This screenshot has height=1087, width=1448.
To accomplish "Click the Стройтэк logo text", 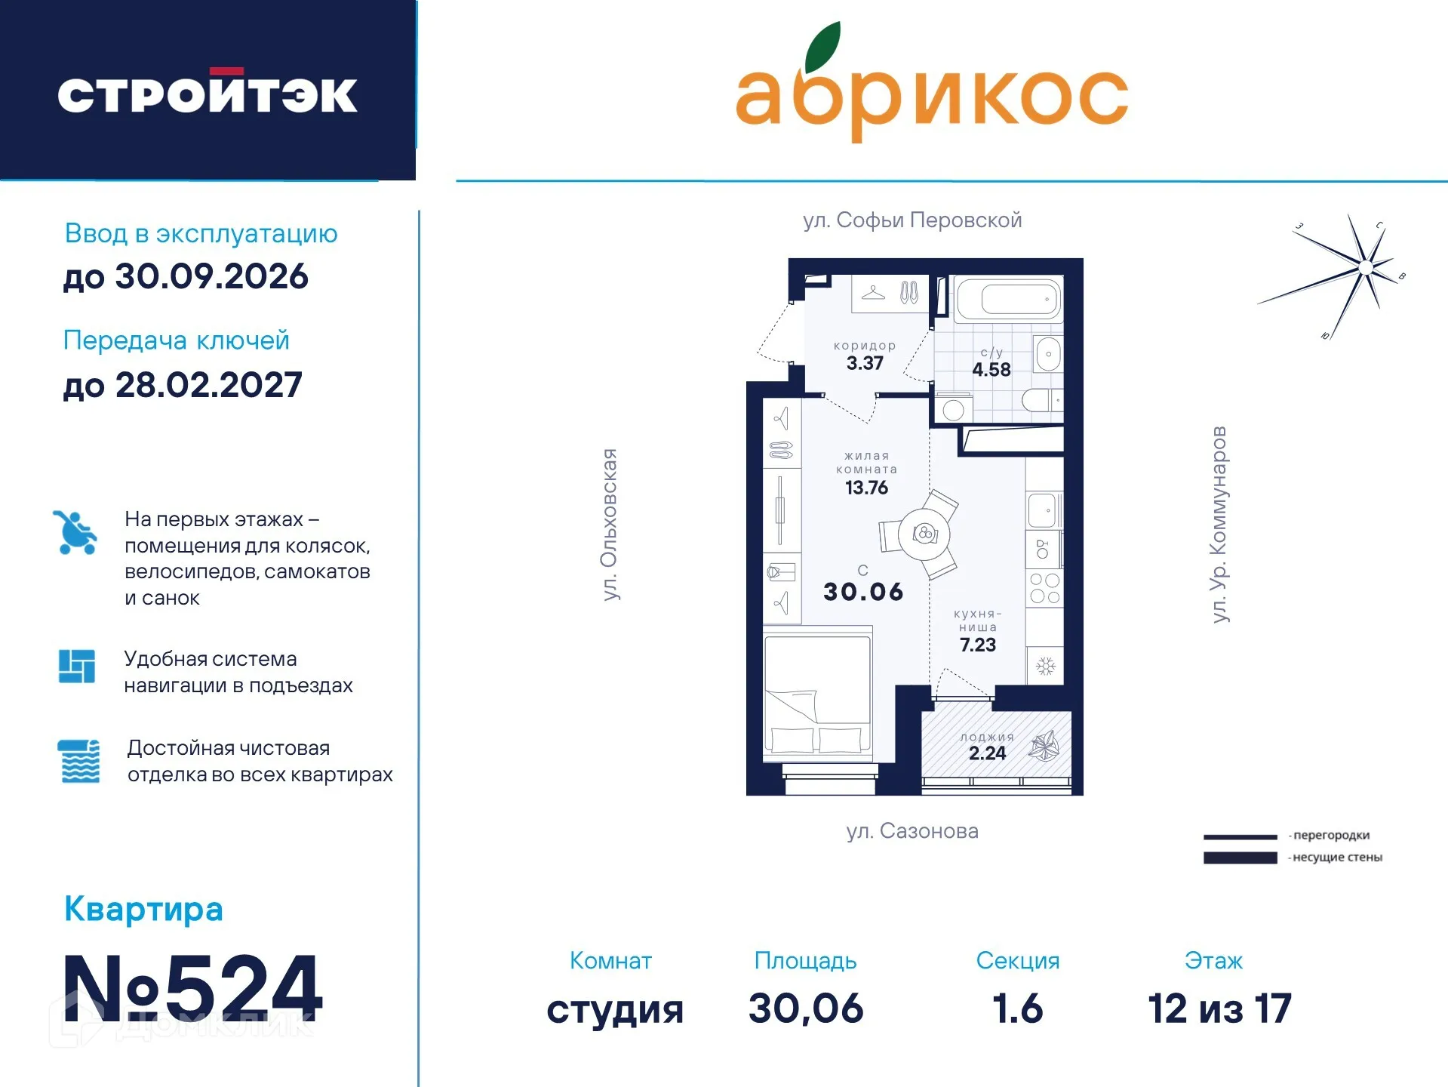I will pos(208,94).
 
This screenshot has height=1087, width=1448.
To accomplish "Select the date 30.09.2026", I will pos(211,277).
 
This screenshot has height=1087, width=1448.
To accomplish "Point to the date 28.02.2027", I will pos(208,386).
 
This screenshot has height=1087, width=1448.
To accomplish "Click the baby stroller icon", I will pos(75,532).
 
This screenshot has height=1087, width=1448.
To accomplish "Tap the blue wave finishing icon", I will pos(79,761).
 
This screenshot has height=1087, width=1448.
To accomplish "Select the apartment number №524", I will pos(193,988).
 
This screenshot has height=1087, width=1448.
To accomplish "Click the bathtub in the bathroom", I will pos(1008,300).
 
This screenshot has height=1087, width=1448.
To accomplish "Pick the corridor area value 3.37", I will pos(865,364).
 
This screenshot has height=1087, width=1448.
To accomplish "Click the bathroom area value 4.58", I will pos(991,370).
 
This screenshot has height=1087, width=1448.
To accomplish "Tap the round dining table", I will pos(924,534).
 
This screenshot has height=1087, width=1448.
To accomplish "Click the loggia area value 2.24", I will pos(987,753).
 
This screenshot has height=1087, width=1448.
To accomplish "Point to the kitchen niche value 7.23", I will pos(978,645).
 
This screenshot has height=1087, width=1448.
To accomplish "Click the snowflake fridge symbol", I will pos(1045,667).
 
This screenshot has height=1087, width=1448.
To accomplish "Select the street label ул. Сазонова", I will pos(912,831).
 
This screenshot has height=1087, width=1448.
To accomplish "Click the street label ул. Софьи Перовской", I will pos(912,220).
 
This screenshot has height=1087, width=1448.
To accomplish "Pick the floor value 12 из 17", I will pos(1219,1009).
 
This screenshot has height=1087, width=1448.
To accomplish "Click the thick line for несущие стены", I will pos(1240,858).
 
